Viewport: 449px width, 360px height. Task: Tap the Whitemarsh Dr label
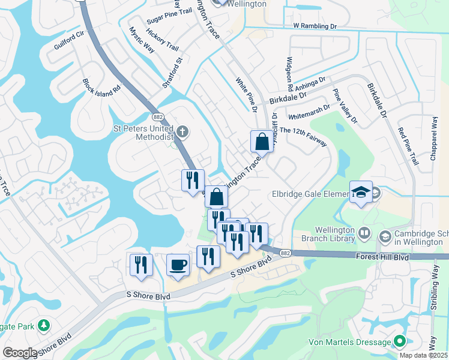coord(310,109)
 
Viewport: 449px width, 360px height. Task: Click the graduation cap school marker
coord(360,192)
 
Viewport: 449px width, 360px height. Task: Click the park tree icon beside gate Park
coord(43,326)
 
